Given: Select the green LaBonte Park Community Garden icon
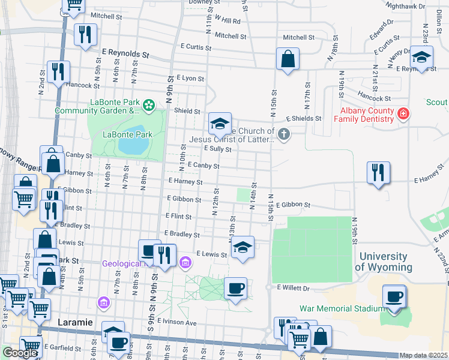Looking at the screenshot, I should point(149,106).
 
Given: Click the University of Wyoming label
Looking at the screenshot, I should point(384,262).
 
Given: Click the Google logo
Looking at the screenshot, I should point(20,353).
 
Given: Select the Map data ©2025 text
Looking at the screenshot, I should point(423,355).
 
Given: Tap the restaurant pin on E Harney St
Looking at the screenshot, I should point(379,173).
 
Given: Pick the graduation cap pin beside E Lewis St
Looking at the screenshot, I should point(242,247).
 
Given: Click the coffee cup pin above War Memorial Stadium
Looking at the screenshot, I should point(394,296).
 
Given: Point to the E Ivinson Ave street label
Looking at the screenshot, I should point(177,322).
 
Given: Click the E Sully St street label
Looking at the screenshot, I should point(217,148).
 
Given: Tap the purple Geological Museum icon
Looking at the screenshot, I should point(185,263).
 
